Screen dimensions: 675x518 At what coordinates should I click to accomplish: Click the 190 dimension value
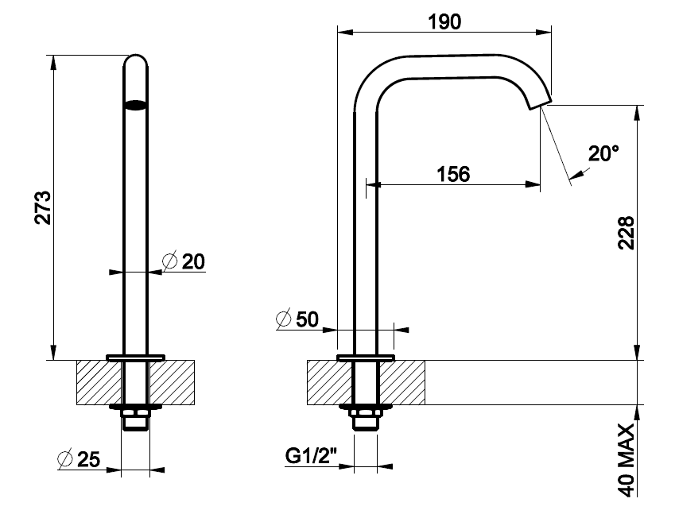pos(444,21)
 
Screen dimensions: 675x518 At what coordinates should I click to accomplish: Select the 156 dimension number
pos(453,174)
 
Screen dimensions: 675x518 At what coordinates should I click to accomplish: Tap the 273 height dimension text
pos(43,207)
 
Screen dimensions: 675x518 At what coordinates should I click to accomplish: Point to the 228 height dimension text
pos(627,233)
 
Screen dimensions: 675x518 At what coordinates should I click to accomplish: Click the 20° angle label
pos(603,153)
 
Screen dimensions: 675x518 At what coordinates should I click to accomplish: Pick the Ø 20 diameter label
pos(184,261)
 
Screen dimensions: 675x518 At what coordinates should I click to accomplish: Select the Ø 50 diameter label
pos(297,319)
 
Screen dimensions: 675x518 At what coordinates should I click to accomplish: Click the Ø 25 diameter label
pos(79,459)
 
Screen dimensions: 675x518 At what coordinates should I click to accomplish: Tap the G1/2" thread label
pos(311,456)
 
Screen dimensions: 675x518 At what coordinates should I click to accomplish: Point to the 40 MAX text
pos(627,460)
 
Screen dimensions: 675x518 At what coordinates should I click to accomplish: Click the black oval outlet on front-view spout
pos(136,106)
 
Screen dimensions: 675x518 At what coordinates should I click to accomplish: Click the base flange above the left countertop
pos(136,358)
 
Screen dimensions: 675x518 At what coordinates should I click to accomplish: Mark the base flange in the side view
pos(366,358)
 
